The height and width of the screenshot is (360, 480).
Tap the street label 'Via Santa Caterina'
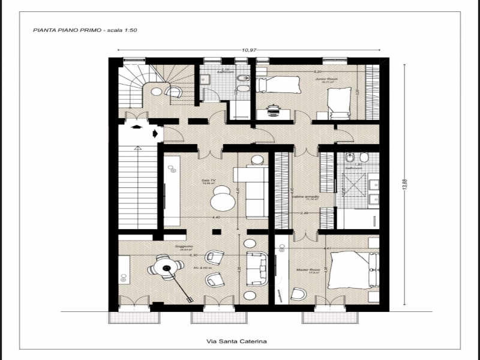point(236,341)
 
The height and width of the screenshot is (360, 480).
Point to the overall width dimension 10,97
point(249,51)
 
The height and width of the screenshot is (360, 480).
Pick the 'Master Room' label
point(306,270)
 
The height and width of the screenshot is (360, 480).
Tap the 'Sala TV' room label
point(209,179)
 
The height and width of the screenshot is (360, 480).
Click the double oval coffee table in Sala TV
point(224,197)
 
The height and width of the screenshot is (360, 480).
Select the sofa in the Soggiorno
point(258,269)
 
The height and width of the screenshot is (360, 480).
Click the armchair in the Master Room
point(298,293)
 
